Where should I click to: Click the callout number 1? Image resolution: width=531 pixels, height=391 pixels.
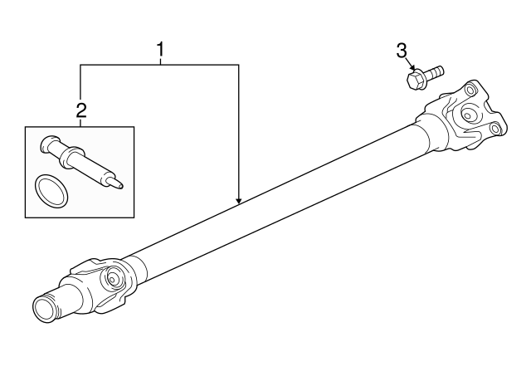(160, 50)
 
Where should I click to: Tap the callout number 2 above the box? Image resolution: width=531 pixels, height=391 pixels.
(81, 110)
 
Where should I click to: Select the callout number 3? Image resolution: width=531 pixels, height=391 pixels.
(402, 51)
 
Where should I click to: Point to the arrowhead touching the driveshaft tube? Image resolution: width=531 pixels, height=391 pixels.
(239, 201)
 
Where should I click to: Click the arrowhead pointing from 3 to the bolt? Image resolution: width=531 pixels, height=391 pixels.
(412, 68)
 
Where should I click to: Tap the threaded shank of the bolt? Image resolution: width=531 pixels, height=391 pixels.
(434, 72)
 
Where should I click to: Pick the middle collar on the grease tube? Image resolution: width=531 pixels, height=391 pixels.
(71, 157)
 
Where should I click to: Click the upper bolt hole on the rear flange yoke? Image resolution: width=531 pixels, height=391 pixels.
(470, 90)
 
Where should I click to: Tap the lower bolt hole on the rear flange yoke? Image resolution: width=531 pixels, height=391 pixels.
(494, 129)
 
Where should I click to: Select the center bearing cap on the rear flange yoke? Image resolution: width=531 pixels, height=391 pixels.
(468, 115)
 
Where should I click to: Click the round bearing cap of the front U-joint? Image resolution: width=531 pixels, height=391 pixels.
(111, 278)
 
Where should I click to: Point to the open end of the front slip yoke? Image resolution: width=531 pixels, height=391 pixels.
(44, 309)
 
